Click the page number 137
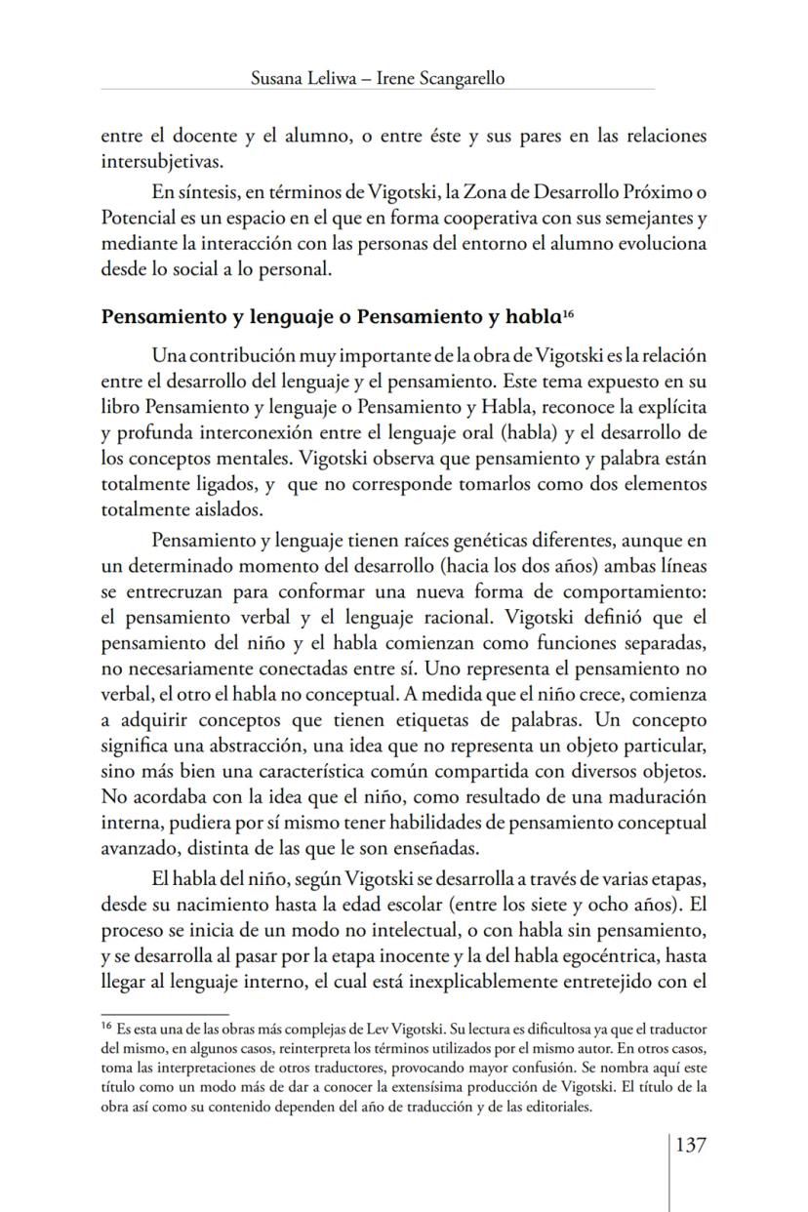(x=690, y=1144)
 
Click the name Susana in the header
(x=278, y=79)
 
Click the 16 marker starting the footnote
(x=106, y=1026)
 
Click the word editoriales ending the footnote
(x=555, y=1108)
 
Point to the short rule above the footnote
(x=164, y=1015)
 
